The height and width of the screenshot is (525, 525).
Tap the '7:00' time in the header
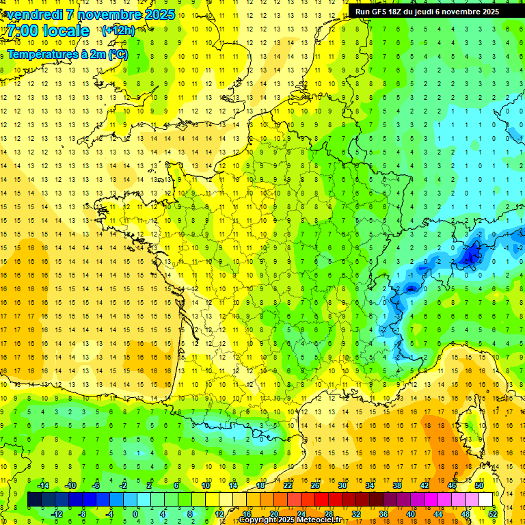click(23, 31)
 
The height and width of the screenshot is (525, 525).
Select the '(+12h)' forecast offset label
click(118, 30)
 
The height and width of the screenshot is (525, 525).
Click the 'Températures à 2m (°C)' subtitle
click(67, 55)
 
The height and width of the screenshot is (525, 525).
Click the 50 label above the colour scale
click(479, 485)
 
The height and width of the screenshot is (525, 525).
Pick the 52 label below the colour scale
click(492, 513)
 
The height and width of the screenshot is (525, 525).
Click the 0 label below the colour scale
click(135, 513)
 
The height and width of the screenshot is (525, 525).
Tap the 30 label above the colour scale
click(342, 485)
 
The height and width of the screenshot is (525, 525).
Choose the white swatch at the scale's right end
click(485, 500)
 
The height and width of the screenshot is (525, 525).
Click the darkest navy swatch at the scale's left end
click(34, 500)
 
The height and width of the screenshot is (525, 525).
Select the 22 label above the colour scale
click(288, 485)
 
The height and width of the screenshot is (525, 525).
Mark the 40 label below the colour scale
click(410, 513)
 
